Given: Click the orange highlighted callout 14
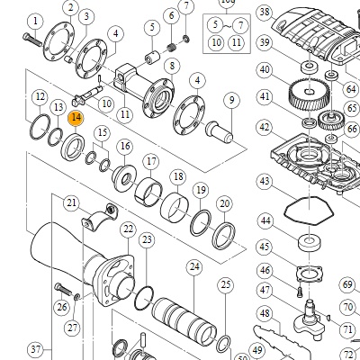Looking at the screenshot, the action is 76,118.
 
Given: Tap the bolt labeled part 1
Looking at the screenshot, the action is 32,40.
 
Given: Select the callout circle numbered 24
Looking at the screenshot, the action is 194,266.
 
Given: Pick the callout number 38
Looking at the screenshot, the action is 265,13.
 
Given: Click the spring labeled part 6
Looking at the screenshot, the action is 171,47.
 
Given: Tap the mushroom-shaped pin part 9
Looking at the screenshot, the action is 220,132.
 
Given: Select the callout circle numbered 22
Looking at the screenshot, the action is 128,229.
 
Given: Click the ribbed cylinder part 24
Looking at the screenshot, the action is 184,321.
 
